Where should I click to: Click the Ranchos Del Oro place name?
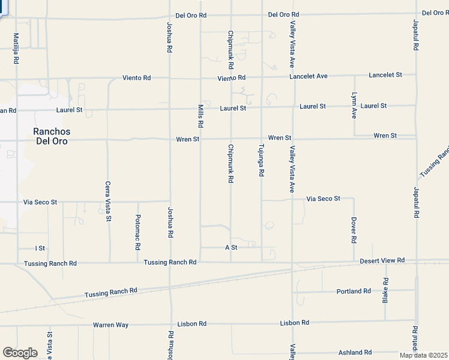(51, 136)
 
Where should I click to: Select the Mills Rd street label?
(200, 115)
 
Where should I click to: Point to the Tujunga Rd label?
(262, 160)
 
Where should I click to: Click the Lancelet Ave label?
(309, 76)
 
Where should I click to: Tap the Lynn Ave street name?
(354, 105)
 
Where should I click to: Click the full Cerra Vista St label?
(109, 202)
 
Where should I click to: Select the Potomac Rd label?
(138, 232)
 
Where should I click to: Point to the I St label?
(40, 248)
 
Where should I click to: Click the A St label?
(231, 247)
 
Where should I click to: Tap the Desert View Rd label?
(382, 260)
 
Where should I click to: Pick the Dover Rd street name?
(354, 230)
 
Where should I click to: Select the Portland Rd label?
(354, 291)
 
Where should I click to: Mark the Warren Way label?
(110, 325)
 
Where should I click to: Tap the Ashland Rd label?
(355, 352)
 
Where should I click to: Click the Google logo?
(20, 352)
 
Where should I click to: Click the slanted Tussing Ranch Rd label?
(111, 292)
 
